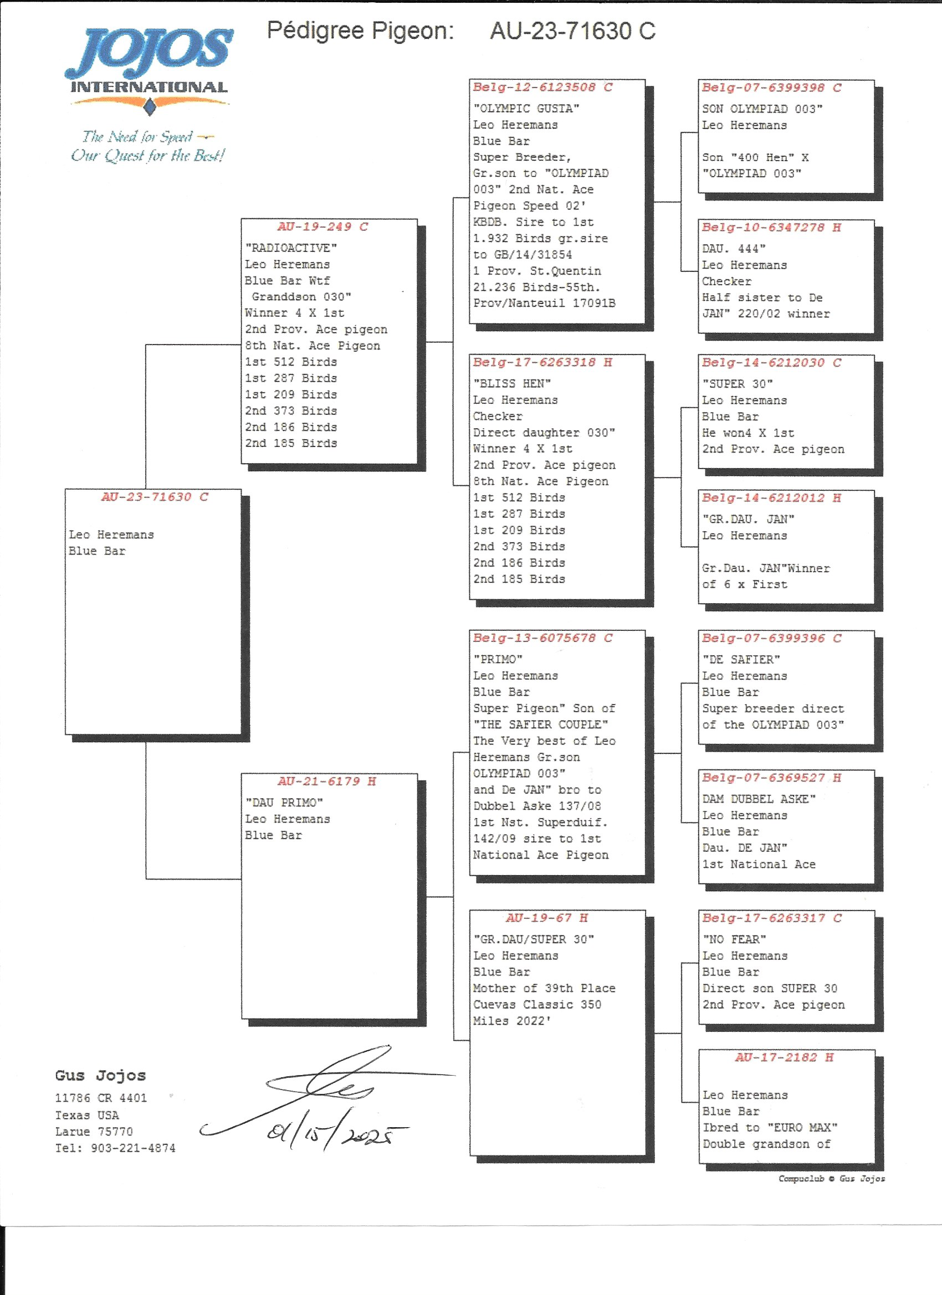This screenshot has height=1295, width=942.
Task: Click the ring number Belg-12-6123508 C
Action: point(542,88)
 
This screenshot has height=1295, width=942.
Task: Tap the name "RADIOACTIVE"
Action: point(291,248)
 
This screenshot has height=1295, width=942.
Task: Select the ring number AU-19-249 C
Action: point(322,227)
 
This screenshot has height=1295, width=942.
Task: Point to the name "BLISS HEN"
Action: point(512,383)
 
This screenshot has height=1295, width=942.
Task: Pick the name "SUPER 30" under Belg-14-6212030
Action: point(738,384)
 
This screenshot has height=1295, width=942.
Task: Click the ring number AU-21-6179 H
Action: point(327,781)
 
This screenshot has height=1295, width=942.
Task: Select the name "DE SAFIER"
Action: point(741,660)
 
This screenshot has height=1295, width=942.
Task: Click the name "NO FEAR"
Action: point(734,939)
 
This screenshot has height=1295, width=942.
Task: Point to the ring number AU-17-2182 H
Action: point(784,1057)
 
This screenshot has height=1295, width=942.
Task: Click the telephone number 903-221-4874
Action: point(133,1148)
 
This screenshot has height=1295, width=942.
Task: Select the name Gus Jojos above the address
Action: point(100,1076)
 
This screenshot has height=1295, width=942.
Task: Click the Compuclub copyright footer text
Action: point(831,1179)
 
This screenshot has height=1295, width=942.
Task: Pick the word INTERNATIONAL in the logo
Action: point(149,88)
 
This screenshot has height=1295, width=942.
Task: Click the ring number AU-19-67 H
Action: point(547,918)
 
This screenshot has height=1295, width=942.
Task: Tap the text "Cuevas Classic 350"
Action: point(537,1004)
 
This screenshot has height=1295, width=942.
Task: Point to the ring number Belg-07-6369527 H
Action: point(771,778)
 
